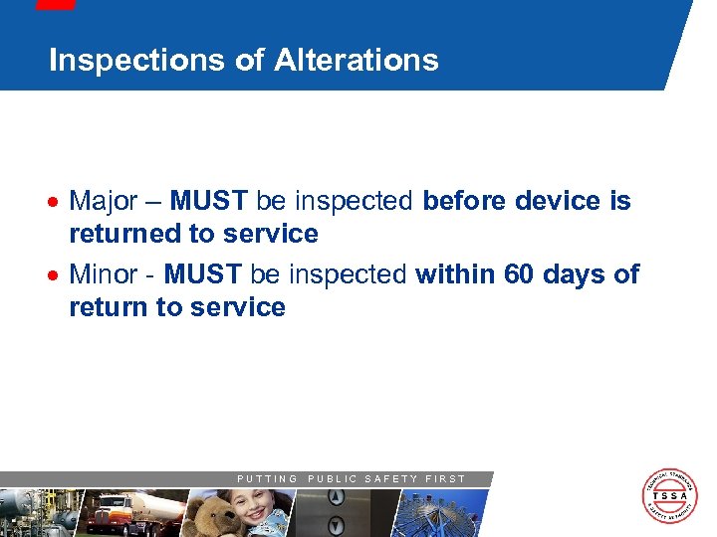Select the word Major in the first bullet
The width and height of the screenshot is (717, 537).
tap(104, 202)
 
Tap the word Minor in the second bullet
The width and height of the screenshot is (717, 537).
tap(104, 274)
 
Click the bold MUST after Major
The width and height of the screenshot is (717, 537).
tap(209, 202)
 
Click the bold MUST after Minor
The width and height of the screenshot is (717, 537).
tap(202, 274)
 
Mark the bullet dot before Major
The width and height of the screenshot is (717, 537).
tap(58, 203)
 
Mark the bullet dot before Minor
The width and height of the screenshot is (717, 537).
tap(58, 275)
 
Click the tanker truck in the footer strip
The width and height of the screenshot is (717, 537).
tap(134, 512)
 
